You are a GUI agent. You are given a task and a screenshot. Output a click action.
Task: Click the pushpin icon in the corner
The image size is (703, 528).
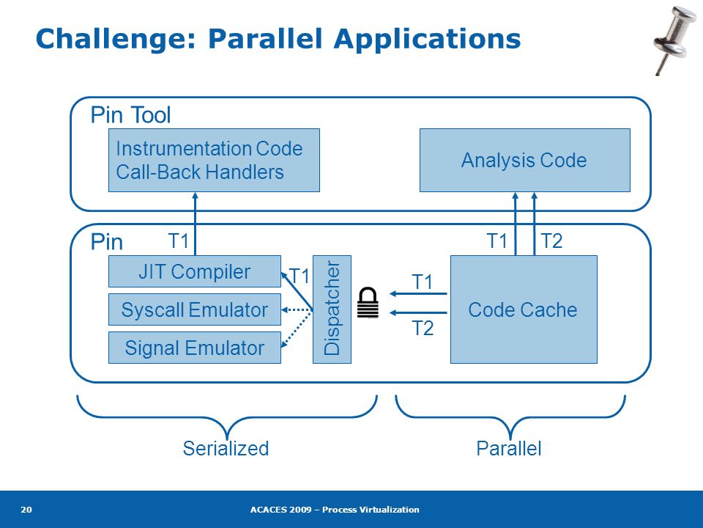click(x=674, y=40)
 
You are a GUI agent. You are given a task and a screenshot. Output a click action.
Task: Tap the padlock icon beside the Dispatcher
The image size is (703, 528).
click(x=368, y=303)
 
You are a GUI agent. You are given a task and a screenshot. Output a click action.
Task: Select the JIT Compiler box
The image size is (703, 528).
click(x=195, y=271)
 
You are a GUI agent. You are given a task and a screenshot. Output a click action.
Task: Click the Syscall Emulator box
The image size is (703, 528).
click(x=195, y=309)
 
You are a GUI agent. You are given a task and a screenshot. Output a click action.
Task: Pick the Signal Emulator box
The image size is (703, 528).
click(x=195, y=348)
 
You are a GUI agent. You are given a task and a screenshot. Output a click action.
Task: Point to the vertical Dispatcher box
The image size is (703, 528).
click(x=332, y=309)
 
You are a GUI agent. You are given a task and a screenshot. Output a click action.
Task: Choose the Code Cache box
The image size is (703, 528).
click(x=524, y=309)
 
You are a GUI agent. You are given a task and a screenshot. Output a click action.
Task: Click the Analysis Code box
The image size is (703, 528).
click(x=524, y=161)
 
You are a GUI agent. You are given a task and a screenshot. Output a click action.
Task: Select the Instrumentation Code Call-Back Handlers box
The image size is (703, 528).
click(x=214, y=161)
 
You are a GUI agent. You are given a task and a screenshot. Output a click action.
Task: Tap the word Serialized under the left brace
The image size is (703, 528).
click(x=226, y=449)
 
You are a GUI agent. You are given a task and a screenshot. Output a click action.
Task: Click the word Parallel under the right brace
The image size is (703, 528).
click(x=509, y=449)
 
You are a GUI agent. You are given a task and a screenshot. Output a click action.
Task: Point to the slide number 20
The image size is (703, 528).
click(x=26, y=509)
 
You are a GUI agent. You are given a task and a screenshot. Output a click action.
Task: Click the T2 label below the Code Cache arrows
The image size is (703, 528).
click(x=423, y=329)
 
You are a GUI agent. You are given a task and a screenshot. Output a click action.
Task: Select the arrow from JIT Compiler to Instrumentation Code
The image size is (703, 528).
click(x=195, y=224)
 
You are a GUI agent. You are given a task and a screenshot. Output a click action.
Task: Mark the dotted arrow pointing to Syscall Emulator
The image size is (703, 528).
click(x=297, y=309)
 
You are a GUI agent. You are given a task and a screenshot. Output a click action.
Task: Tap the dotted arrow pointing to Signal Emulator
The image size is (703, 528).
click(x=297, y=329)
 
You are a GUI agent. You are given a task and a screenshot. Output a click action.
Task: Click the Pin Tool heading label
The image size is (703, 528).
click(x=130, y=114)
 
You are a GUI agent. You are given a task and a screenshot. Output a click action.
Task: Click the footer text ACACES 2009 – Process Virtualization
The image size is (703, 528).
click(x=335, y=509)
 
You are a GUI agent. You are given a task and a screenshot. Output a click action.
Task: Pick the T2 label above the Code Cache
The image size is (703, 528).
click(x=551, y=241)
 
